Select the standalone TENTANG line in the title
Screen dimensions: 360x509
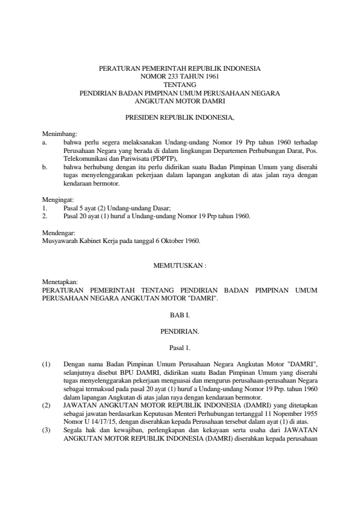[x=180, y=85]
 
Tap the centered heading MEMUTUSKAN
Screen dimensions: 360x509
[x=180, y=265]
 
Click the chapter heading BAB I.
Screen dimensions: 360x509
[x=180, y=315]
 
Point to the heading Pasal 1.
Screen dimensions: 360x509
[x=180, y=348]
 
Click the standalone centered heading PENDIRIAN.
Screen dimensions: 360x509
[x=180, y=331]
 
